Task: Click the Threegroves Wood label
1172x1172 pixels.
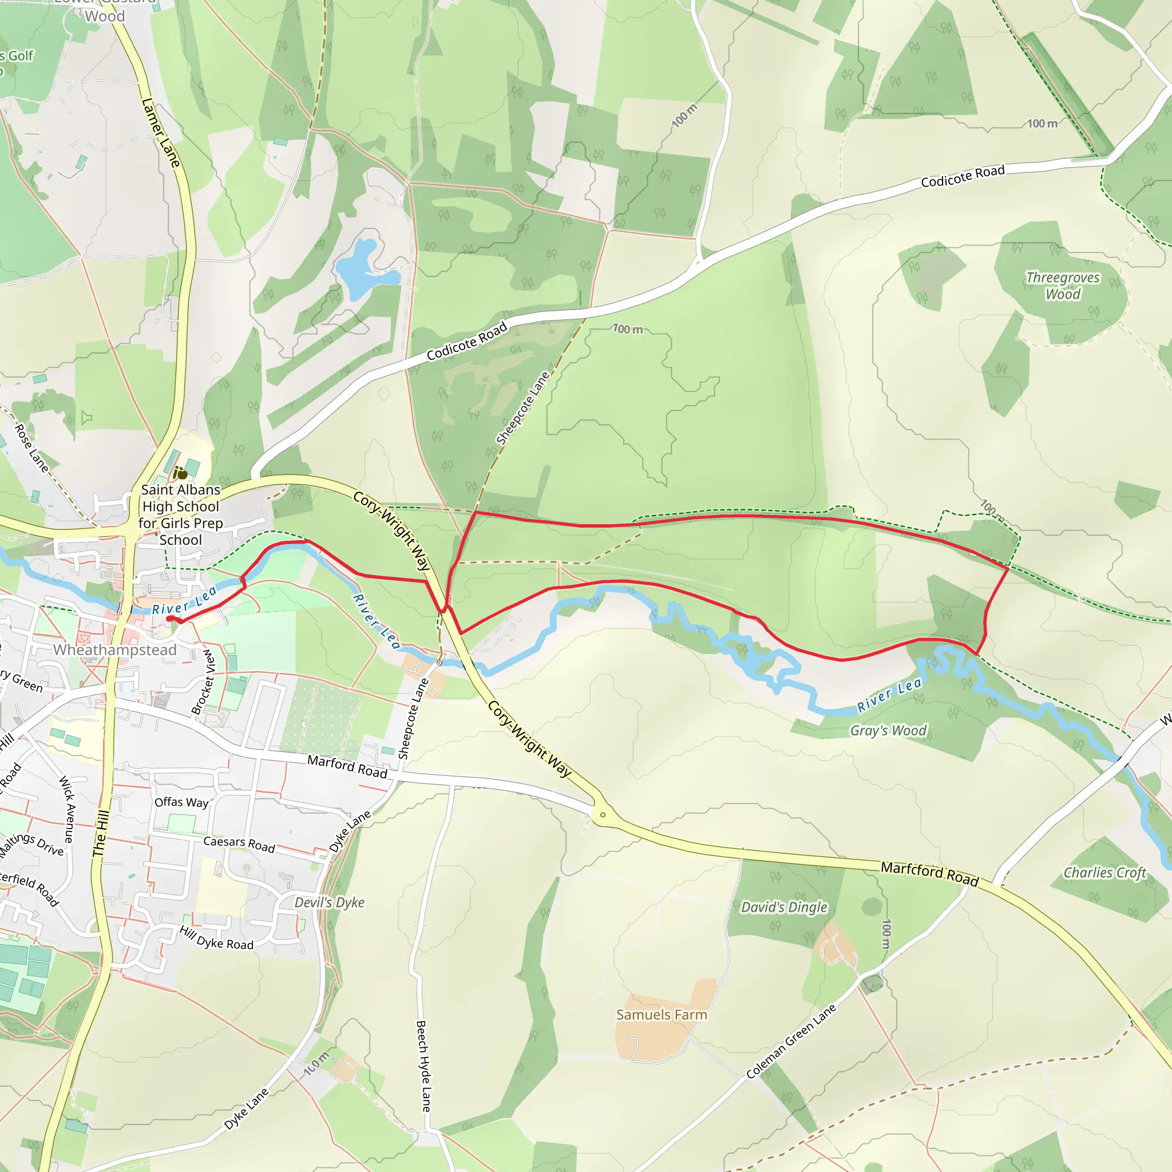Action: click(1063, 286)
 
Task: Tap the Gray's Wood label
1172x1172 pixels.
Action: click(888, 730)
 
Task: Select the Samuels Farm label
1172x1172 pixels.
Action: click(661, 1014)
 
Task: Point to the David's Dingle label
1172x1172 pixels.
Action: click(784, 907)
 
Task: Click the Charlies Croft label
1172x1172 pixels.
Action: click(1104, 872)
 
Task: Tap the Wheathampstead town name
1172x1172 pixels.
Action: click(114, 650)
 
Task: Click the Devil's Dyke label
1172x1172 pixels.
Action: click(330, 902)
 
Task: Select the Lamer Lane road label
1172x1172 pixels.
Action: click(161, 133)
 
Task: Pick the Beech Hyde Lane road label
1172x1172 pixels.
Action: click(423, 1066)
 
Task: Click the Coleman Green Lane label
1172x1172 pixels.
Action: click(790, 1042)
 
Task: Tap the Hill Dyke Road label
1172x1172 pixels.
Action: click(216, 938)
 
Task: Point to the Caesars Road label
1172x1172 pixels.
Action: click(239, 844)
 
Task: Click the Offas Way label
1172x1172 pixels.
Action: click(181, 802)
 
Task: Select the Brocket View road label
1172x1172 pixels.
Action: click(203, 681)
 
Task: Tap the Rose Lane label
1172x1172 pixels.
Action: click(31, 448)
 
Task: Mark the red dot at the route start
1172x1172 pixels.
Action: click(170, 618)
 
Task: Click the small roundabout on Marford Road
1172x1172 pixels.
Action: click(603, 815)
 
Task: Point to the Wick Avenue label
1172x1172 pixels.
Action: click(68, 809)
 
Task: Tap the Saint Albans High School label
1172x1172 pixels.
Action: click(181, 514)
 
